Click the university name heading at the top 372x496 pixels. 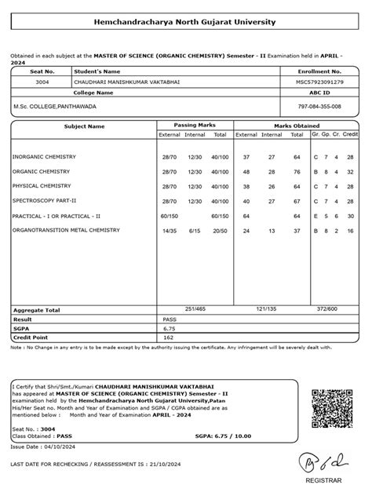pos(185,22)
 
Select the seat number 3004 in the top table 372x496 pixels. pos(42,82)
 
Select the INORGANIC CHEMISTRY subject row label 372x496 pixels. pos(44,157)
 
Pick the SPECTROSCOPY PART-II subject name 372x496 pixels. pos(46,200)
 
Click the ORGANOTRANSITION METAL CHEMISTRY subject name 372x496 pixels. pos(67,230)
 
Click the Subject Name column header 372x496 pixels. pos(84,126)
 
